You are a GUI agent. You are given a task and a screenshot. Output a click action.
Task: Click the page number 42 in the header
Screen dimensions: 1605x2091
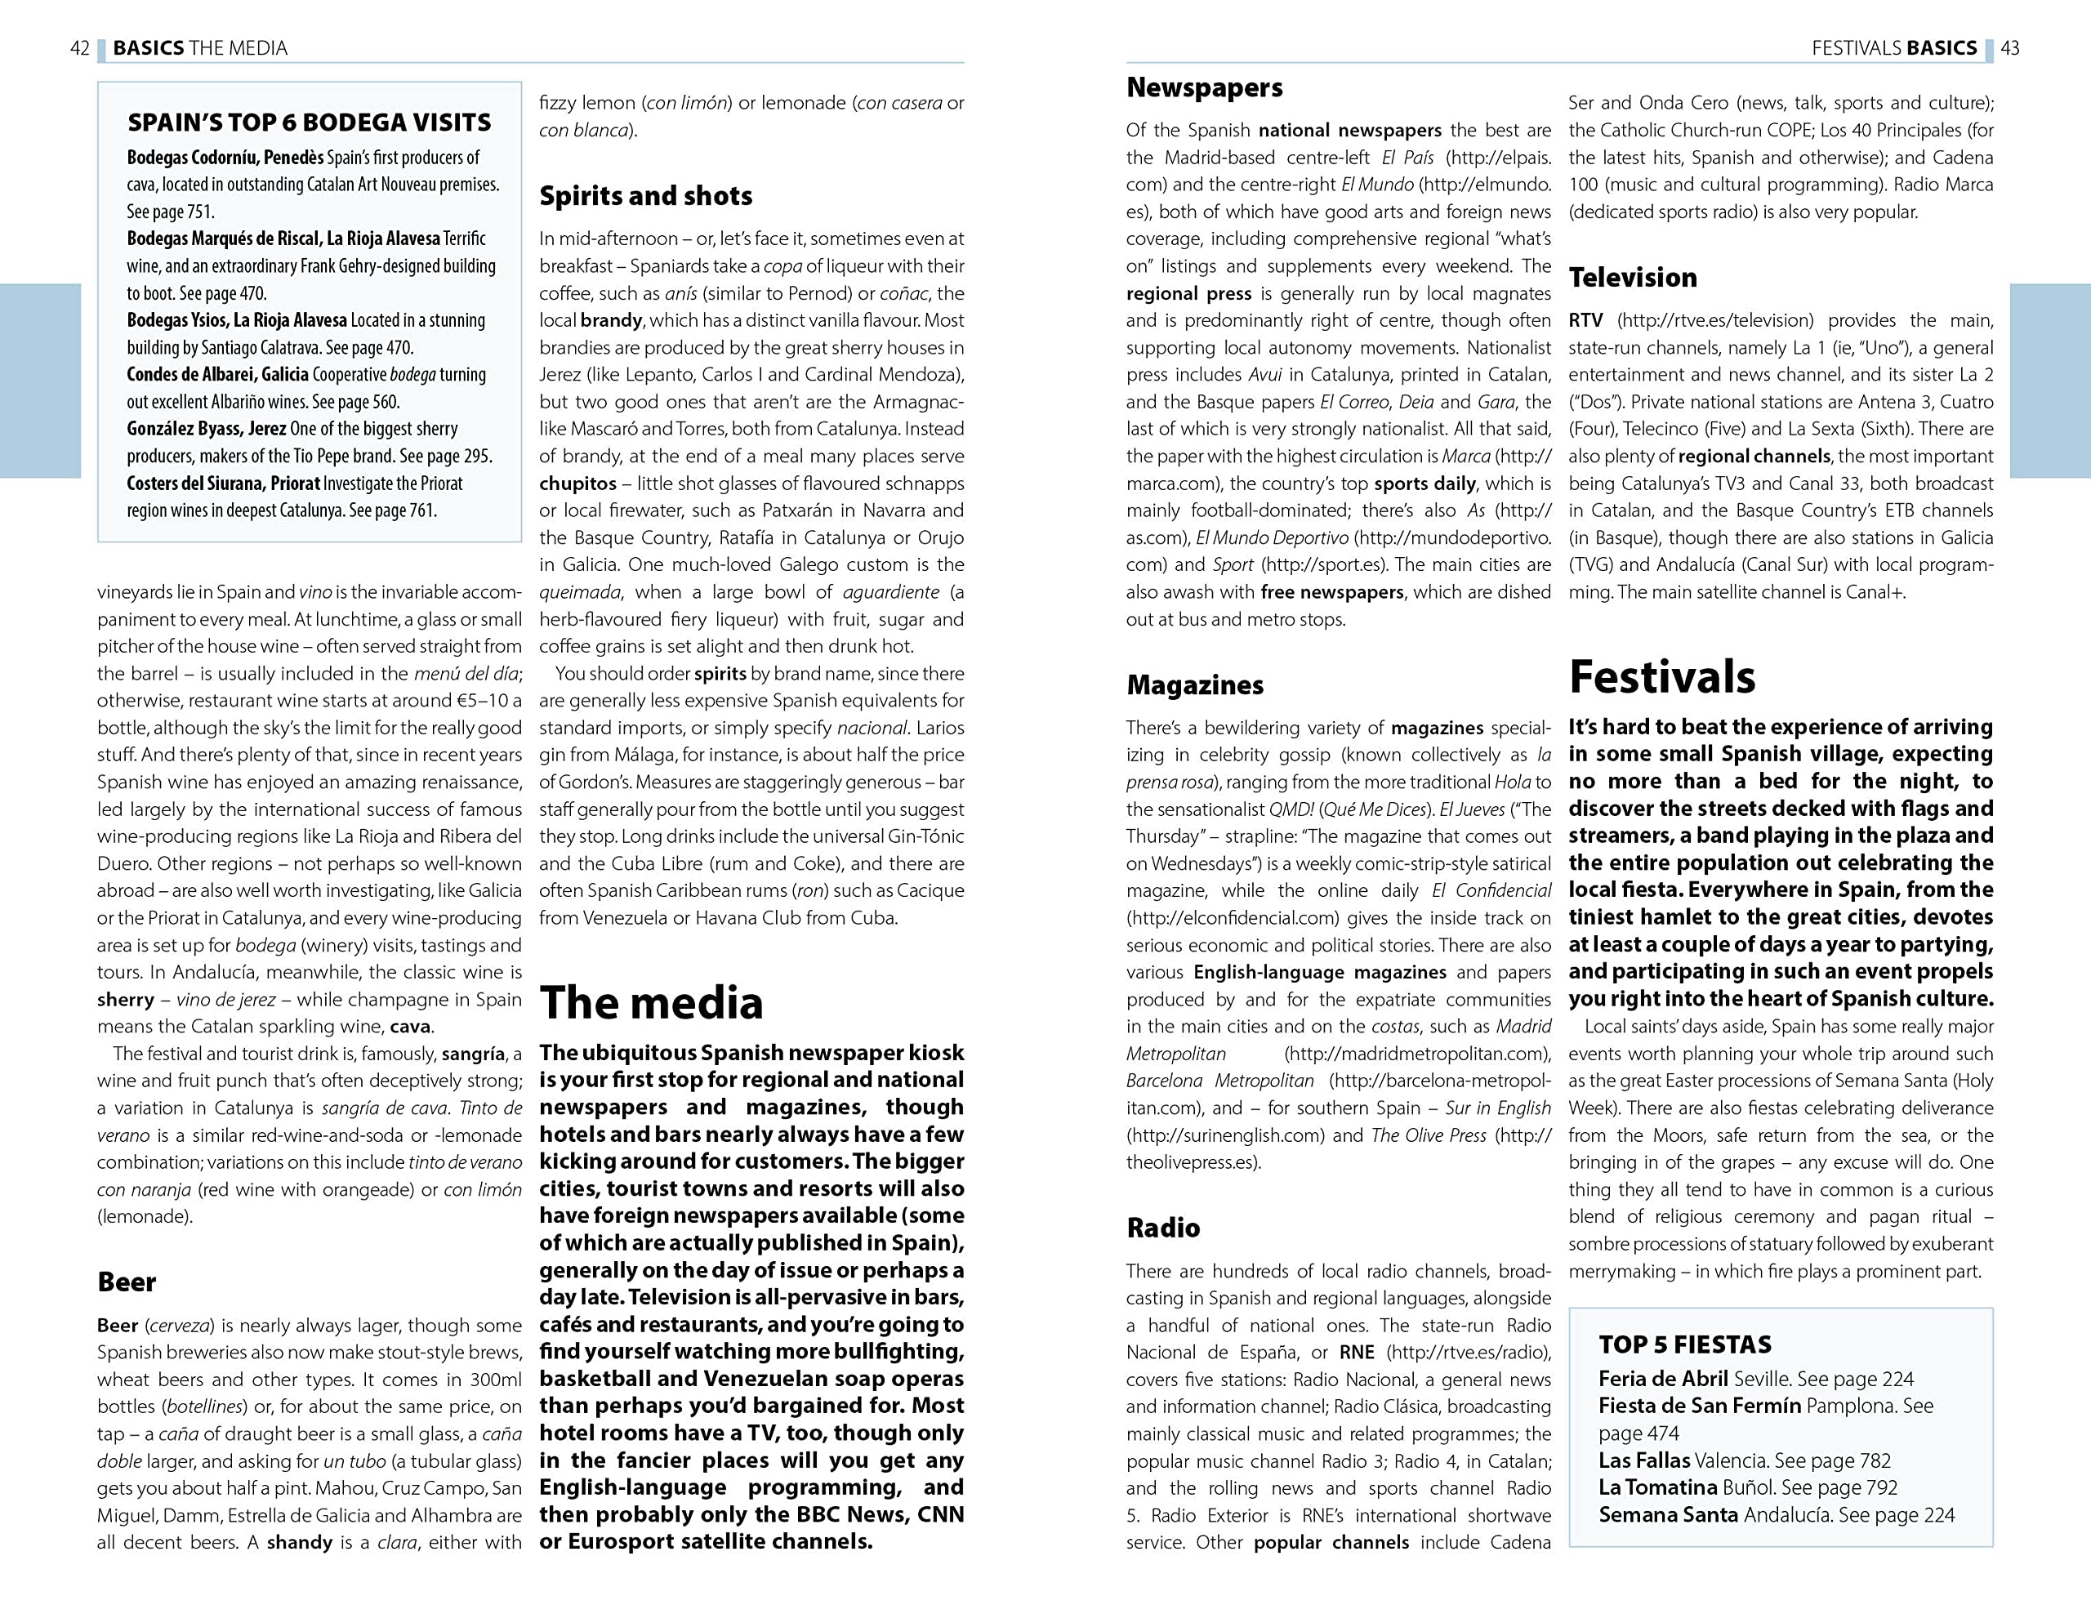80,47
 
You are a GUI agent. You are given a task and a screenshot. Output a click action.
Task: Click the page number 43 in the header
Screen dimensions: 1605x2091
2010,47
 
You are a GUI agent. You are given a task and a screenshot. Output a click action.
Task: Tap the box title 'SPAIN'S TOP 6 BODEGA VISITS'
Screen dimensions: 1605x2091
309,123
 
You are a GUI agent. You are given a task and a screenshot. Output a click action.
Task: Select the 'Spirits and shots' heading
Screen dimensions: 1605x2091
646,196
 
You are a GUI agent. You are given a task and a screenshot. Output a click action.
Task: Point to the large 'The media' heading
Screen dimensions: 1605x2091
652,1002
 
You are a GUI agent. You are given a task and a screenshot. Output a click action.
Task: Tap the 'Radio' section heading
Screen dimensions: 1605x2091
1162,1228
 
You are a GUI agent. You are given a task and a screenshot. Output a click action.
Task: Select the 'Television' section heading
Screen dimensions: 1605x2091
1633,277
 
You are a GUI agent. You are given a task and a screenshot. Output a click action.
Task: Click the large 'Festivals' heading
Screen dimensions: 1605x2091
1662,676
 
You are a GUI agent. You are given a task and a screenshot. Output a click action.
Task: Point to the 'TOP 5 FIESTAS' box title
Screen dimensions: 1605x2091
1685,1344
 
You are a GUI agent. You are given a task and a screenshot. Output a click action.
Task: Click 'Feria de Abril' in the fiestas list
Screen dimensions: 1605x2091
1663,1379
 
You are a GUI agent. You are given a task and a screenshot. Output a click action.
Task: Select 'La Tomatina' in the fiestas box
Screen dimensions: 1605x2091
1657,1487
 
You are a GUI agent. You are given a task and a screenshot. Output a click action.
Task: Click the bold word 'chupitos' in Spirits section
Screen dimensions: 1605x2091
578,484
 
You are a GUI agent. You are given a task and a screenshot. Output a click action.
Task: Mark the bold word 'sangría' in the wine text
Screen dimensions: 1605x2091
473,1054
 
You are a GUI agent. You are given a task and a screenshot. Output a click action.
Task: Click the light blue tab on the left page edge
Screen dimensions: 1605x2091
40,381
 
